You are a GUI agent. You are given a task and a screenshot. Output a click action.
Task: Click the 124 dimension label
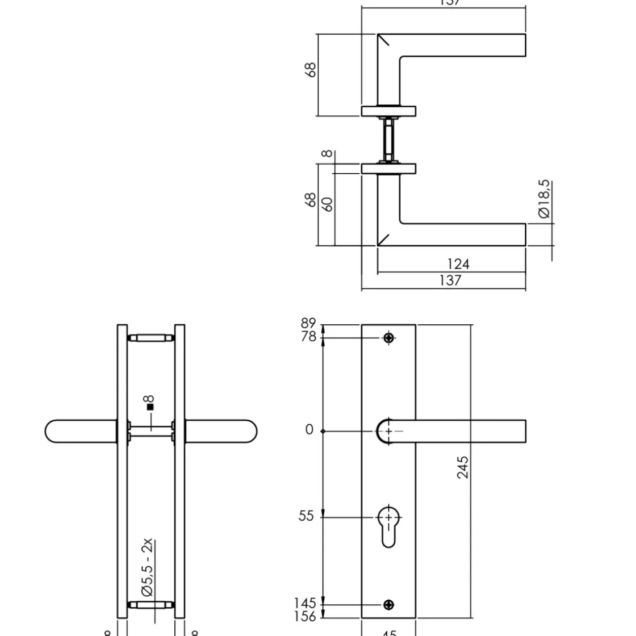click(x=458, y=264)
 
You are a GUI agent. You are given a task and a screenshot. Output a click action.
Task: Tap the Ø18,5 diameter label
click(x=543, y=199)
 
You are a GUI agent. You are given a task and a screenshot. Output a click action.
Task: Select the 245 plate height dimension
click(x=463, y=467)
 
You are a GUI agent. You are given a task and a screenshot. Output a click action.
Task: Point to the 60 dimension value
click(x=328, y=204)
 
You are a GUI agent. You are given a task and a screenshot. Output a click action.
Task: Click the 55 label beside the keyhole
click(x=306, y=516)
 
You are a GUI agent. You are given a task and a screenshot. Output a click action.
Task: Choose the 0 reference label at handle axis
click(x=309, y=430)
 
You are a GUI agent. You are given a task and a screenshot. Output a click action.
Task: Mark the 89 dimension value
click(x=308, y=324)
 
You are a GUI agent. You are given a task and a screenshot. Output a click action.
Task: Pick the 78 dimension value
click(x=308, y=337)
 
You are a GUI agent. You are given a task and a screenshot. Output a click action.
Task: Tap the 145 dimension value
click(x=305, y=603)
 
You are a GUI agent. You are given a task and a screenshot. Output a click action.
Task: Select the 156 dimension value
click(x=305, y=616)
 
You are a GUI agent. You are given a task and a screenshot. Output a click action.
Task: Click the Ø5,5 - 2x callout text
click(x=148, y=567)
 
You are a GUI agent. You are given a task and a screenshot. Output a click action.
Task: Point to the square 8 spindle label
click(x=150, y=403)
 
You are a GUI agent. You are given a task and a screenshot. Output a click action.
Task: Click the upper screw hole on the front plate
click(x=388, y=338)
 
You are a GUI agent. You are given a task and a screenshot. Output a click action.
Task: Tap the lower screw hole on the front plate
click(x=388, y=604)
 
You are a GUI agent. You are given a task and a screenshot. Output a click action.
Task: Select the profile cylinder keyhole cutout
click(x=388, y=525)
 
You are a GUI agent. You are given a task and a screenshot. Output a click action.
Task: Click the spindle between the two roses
click(x=388, y=140)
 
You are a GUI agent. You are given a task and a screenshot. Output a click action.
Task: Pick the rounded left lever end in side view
click(x=57, y=431)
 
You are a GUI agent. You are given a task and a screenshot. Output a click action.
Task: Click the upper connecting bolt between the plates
click(x=150, y=338)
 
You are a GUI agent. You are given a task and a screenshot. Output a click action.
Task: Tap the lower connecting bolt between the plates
click(x=150, y=604)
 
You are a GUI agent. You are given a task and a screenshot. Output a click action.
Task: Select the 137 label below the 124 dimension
click(x=450, y=281)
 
